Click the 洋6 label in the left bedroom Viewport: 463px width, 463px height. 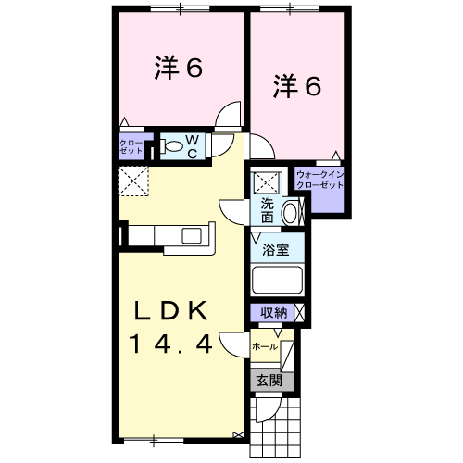tap(179, 69)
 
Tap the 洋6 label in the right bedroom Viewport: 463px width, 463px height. tap(296, 86)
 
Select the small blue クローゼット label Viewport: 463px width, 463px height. tap(130, 145)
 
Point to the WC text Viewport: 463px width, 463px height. tap(192, 145)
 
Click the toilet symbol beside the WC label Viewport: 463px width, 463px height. tap(173, 145)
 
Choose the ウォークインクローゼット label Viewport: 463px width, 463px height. tap(319, 179)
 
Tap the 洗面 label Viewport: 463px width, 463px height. tap(266, 211)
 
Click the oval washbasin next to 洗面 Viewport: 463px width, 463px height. tap(289, 212)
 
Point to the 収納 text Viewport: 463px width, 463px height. tap(272, 313)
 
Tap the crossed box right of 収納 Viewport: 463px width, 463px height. tap(299, 313)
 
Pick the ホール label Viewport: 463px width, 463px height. tap(265, 345)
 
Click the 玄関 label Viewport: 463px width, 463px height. tap(269, 379)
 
